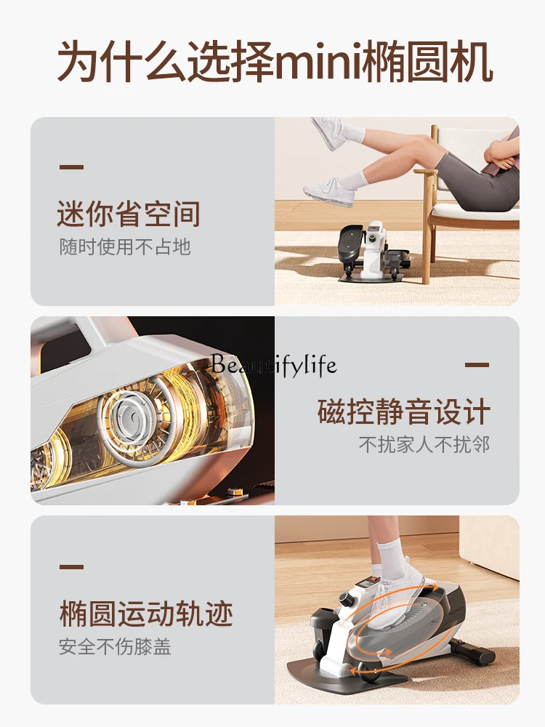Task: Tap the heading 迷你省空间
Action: (x=129, y=214)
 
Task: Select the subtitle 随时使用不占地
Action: (x=125, y=246)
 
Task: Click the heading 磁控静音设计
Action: (x=403, y=411)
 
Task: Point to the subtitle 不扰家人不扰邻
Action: (x=424, y=445)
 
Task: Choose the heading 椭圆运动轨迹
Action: (x=146, y=614)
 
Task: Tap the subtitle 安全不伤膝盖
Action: (x=115, y=647)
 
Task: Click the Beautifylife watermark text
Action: (x=273, y=364)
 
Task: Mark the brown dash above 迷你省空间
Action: (x=71, y=167)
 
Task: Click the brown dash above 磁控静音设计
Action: (x=477, y=365)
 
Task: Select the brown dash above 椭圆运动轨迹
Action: (x=71, y=566)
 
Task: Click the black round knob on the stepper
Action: (x=345, y=598)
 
